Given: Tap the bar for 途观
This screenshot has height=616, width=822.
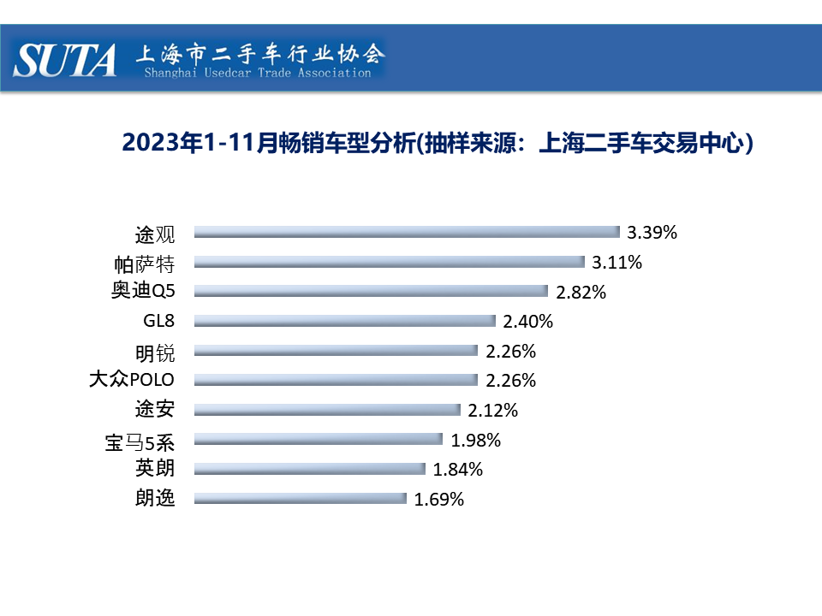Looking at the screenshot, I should click(407, 232).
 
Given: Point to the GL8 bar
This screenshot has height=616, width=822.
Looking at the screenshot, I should click(345, 321).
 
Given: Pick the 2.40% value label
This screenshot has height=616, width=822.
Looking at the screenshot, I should click(528, 322).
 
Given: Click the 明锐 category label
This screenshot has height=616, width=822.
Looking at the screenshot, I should click(155, 351).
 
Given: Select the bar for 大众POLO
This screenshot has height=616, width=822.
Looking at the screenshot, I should click(336, 380).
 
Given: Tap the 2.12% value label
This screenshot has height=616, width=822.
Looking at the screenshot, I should click(493, 411).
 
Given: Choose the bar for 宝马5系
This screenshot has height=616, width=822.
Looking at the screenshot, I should click(319, 440).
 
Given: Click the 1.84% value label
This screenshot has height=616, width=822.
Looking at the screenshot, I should click(458, 470).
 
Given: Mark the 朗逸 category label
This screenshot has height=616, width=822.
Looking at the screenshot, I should click(155, 498).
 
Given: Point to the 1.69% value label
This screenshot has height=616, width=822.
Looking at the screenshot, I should click(439, 500).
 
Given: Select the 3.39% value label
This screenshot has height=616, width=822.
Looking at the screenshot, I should click(652, 233).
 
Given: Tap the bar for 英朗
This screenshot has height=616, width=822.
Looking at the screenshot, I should click(310, 469).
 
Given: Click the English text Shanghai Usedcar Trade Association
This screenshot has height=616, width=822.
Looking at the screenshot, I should click(258, 74).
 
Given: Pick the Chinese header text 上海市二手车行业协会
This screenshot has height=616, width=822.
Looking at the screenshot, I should click(259, 54).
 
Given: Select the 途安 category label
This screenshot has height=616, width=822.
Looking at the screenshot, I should click(155, 409).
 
